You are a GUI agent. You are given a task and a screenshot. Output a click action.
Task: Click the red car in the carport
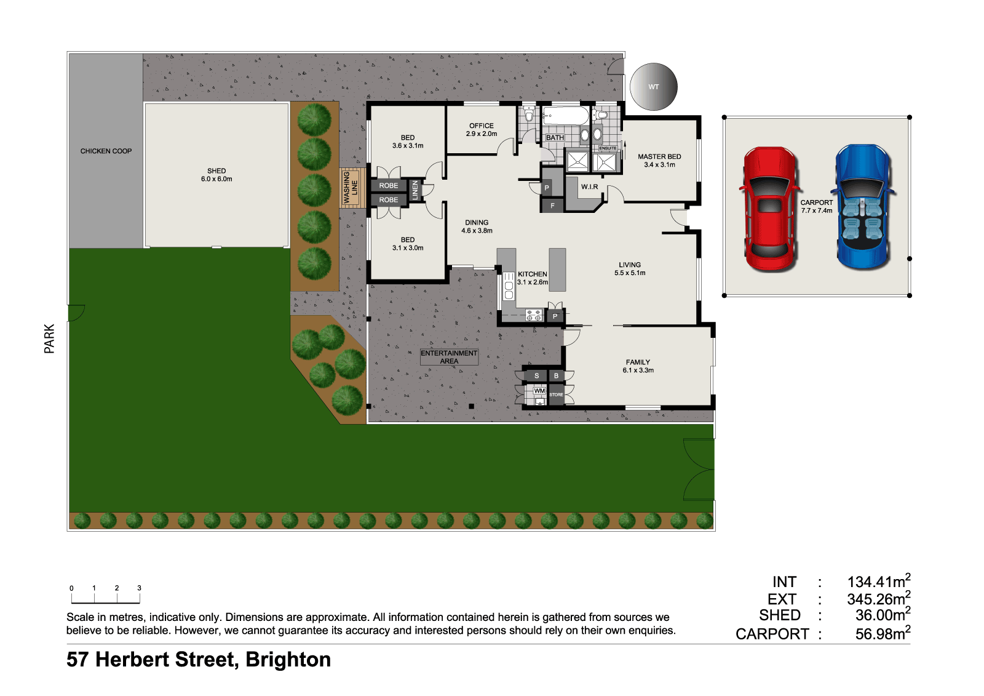[x=770, y=209]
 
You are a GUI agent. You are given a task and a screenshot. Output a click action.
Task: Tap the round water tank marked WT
[x=653, y=87]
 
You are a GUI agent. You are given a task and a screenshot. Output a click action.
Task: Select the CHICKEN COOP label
[x=106, y=151]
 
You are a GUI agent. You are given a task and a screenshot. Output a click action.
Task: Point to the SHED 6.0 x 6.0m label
[x=216, y=175]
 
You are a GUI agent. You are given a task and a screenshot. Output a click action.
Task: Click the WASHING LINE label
[x=351, y=188]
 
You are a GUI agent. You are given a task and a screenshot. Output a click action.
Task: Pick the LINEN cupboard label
[x=415, y=190]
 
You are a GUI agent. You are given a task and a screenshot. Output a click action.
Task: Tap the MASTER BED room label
[x=659, y=160]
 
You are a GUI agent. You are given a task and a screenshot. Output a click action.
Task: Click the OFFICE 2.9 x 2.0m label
[x=482, y=129]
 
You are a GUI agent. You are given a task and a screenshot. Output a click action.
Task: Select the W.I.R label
[x=589, y=186]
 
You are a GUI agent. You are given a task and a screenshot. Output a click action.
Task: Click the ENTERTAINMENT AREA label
[x=449, y=357]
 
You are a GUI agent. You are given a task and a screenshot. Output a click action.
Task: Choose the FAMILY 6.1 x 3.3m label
[x=638, y=366]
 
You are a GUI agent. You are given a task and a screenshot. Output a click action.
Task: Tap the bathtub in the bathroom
[x=565, y=116]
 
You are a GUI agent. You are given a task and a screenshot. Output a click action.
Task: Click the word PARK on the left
[x=49, y=338]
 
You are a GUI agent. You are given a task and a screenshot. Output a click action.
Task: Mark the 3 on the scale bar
[x=139, y=588]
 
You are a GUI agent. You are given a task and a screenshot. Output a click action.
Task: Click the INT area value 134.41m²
[x=878, y=582]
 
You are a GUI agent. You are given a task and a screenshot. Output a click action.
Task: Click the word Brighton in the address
[x=288, y=660]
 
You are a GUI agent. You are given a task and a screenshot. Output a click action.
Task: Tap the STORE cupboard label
[x=556, y=394]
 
